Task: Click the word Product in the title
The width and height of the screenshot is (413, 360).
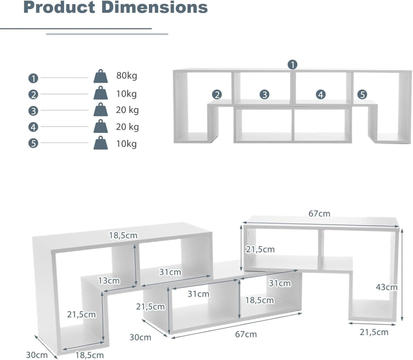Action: point(60,7)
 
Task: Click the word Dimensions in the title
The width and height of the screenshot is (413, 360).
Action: point(154,7)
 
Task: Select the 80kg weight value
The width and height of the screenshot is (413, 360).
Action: point(127,75)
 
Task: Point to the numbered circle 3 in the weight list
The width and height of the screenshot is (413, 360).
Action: point(33,111)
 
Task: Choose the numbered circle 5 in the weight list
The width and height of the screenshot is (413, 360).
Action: point(33,143)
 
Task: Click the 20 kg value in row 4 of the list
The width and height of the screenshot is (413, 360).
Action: point(127,127)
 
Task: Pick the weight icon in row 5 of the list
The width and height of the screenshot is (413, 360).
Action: point(100,142)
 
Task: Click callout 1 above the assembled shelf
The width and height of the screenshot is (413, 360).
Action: point(292,65)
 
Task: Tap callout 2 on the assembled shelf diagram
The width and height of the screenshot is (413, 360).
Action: point(217,94)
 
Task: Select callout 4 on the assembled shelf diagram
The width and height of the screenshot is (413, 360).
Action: point(321,94)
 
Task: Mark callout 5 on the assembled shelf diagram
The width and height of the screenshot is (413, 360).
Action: point(362,94)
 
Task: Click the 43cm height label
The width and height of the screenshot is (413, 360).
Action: point(386,287)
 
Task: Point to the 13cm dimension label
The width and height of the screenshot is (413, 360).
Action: point(109,280)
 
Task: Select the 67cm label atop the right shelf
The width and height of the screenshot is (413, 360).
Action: point(319,213)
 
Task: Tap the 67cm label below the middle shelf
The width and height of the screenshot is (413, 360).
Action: point(246,334)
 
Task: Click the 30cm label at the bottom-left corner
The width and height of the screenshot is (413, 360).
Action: point(37,355)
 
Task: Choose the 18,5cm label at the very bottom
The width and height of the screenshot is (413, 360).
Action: point(90,355)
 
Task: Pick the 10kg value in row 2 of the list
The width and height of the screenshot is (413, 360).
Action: point(127,94)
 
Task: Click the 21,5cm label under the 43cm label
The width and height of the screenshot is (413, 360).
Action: point(374,332)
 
